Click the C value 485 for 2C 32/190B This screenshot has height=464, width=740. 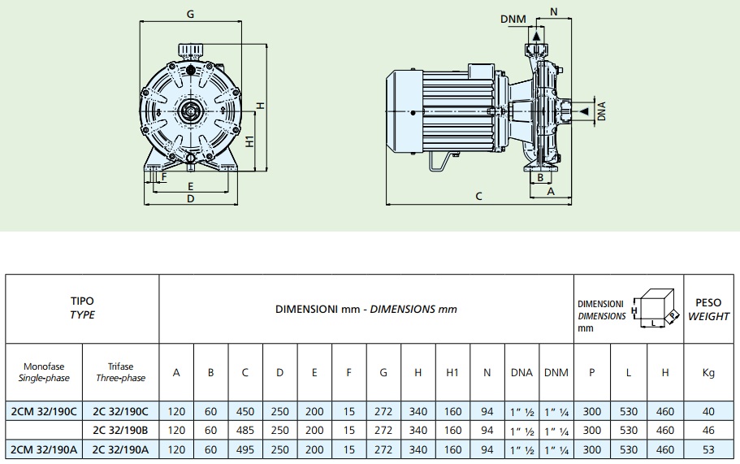coord(245,430)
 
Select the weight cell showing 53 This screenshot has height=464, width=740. coord(708,449)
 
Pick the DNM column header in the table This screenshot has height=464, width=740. coord(556,373)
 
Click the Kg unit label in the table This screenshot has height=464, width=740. coord(708,373)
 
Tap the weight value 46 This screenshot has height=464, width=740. coord(708,430)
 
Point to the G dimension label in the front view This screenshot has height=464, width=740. coord(190,14)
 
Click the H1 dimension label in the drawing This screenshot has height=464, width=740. coord(251,141)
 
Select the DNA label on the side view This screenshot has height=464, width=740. coord(602,110)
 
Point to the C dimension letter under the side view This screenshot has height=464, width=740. coord(478,196)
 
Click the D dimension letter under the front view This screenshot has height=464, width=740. coord(190,198)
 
